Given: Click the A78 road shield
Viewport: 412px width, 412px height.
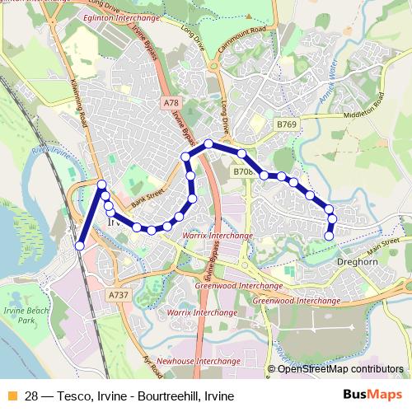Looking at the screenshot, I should (x=171, y=103).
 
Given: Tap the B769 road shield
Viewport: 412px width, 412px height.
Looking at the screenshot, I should (x=286, y=124).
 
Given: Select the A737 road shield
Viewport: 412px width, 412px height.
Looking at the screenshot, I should (x=118, y=293).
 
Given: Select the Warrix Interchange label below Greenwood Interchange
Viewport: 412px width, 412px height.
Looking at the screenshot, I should (x=202, y=313).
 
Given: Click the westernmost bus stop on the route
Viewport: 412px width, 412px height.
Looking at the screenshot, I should (x=80, y=246).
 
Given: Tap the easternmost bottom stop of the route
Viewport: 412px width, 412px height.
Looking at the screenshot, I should (x=330, y=236).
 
